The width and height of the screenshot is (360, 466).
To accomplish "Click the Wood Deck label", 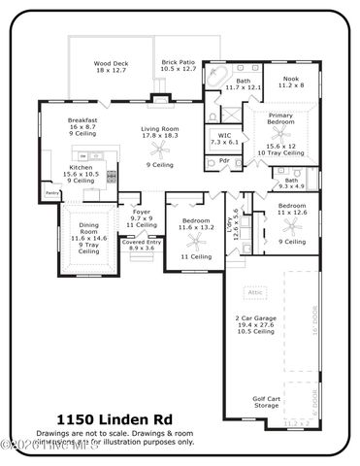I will tap(112, 66).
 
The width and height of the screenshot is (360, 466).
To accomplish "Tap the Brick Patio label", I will tap(178, 66).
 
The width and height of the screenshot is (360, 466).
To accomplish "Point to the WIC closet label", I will tap(224, 139).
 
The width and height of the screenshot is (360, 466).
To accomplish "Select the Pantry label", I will tap(52, 193).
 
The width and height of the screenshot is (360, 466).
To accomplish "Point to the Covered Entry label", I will tap(142, 245).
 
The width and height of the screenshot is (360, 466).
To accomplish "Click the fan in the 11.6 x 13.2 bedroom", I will tap(197, 240).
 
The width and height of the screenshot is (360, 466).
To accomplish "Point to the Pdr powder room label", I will tap(225, 161).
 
